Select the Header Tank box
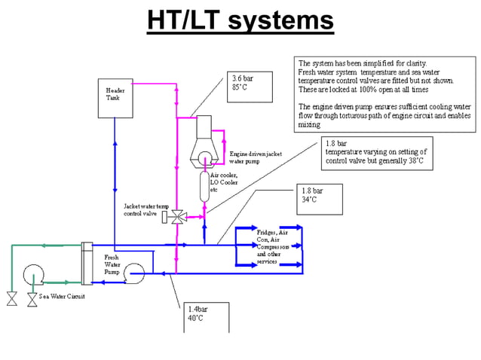(113, 96)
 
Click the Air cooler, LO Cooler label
(225, 182)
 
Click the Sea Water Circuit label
(62, 296)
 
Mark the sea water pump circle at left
(33, 275)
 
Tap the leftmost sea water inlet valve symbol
(12, 298)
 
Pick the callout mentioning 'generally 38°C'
(375, 152)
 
